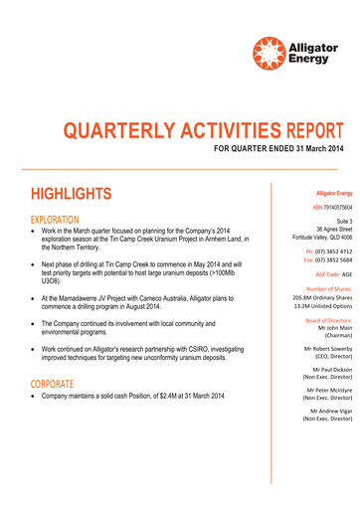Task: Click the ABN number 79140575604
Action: [x=329, y=207]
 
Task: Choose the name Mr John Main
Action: [x=332, y=327]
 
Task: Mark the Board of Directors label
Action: [x=328, y=319]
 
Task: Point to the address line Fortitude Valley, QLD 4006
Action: [x=313, y=239]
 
